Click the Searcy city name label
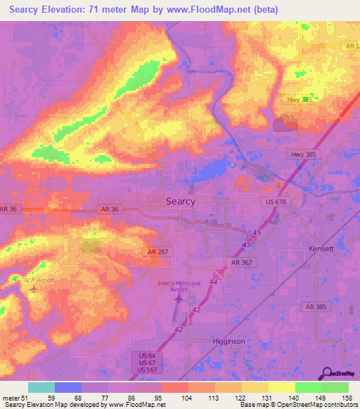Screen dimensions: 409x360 [x=180, y=201]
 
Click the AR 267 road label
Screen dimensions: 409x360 [x=159, y=251]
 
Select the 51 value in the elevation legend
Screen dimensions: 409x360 [x=27, y=399]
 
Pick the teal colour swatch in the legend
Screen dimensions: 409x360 [x=41, y=387]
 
